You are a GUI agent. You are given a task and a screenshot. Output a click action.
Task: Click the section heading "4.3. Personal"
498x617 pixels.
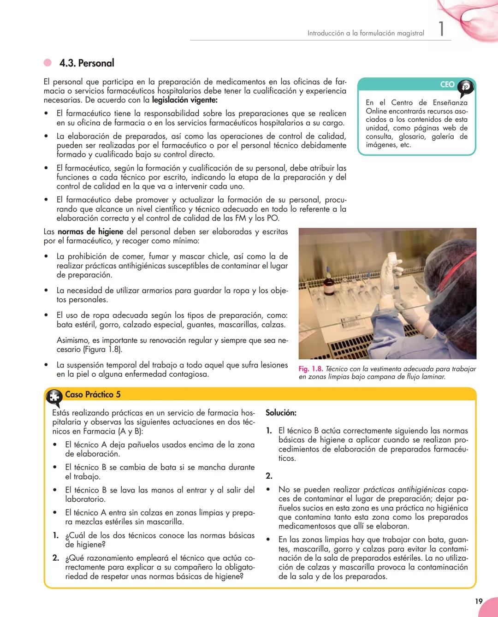coord(87,63)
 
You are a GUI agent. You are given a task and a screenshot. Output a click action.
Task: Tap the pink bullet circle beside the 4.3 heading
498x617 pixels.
coord(47,63)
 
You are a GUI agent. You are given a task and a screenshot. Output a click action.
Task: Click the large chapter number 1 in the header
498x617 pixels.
coord(441,30)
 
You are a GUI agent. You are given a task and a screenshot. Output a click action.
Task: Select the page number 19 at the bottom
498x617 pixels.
coord(479,601)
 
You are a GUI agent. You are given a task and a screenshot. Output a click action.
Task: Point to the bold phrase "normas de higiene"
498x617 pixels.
coord(90,231)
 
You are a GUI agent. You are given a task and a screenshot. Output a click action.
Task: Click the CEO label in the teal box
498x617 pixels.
coord(447,84)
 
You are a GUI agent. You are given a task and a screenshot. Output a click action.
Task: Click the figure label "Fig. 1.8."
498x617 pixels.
coord(310,369)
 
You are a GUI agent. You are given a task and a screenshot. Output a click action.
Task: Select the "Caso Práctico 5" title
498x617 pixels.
coord(93,394)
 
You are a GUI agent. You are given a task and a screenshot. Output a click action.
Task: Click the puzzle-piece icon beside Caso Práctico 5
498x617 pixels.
coord(54,397)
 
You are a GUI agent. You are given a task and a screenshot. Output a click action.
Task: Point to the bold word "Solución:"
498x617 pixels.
coord(281,413)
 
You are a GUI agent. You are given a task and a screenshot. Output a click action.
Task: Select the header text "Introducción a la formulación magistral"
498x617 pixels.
coord(366,33)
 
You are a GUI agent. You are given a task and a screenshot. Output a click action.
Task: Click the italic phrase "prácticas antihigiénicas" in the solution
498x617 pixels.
coord(404,490)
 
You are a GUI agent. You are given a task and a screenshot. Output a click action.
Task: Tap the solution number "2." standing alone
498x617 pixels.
coord(269,476)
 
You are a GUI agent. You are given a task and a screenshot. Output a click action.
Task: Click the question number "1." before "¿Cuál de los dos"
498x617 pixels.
coord(55,535)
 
